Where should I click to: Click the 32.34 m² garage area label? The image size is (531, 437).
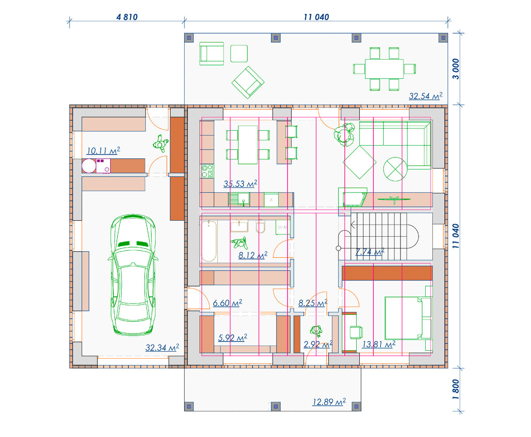[162, 348]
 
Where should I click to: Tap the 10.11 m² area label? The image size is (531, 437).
[103, 150]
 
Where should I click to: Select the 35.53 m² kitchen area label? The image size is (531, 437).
[240, 184]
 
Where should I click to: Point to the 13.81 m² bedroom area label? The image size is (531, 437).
[378, 344]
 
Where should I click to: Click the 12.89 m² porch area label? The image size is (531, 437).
[329, 402]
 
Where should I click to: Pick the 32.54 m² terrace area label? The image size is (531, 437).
[426, 96]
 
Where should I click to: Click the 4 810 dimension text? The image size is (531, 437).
[127, 17]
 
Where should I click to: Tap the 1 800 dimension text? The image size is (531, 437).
[456, 389]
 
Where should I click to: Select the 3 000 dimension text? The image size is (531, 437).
[456, 69]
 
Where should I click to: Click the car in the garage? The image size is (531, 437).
[133, 275]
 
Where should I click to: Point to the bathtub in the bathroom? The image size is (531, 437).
[209, 241]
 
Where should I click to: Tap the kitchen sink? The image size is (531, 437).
[239, 199]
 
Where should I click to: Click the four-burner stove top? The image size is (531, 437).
[207, 171]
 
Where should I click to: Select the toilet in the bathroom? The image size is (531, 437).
[261, 226]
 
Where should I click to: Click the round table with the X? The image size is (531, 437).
[395, 169]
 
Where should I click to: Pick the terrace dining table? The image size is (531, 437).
[384, 69]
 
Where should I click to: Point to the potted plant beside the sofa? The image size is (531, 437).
[344, 134]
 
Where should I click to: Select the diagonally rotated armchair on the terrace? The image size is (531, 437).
[248, 82]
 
